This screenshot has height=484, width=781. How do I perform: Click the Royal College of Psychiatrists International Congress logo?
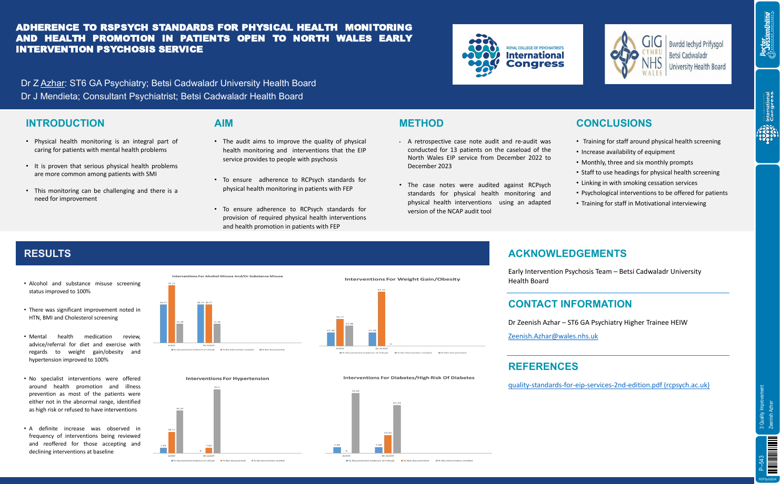click(518, 55)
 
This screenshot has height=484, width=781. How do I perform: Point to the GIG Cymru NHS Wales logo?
click(668, 55)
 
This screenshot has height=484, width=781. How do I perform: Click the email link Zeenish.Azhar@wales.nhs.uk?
click(553, 336)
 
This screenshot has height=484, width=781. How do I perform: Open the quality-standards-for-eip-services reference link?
click(608, 385)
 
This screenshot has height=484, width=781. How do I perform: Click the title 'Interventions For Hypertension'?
click(227, 378)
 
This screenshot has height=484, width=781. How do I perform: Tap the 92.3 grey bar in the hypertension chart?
click(217, 421)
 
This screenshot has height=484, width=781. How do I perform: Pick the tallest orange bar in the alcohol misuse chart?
click(172, 314)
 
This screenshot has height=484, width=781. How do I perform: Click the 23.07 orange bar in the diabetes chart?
click(388, 444)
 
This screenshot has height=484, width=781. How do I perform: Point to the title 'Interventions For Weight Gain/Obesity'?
click(402, 279)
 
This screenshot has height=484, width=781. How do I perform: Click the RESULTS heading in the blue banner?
click(47, 254)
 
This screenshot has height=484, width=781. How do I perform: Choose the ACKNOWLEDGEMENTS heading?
click(567, 254)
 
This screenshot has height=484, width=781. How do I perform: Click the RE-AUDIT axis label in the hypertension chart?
click(209, 456)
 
